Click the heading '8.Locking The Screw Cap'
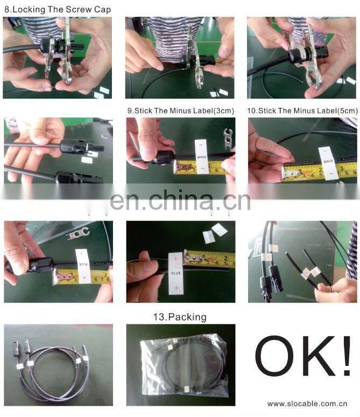[x=57, y=9]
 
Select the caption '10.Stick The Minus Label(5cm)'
[x=302, y=110]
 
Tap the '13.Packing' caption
[x=179, y=317]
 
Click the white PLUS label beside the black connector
[x=82, y=266]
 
